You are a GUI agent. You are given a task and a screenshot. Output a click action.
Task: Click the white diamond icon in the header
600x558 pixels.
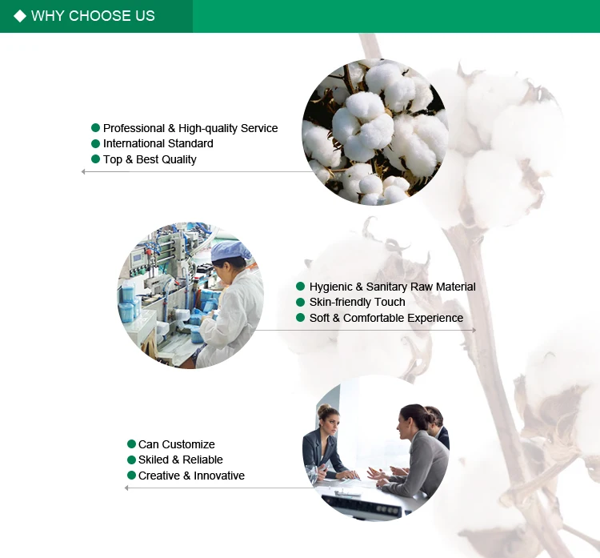(20, 16)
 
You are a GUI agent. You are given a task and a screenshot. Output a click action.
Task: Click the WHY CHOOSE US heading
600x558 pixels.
(93, 16)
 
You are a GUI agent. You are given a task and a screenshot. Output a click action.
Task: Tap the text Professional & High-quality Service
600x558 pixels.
(190, 128)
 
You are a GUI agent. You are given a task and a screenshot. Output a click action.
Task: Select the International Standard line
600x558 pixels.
(158, 143)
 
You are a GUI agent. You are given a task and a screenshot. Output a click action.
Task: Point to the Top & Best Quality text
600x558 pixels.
(150, 159)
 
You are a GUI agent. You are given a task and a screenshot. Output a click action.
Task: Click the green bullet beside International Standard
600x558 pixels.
(96, 143)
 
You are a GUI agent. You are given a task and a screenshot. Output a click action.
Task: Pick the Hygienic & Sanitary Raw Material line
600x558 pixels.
(392, 287)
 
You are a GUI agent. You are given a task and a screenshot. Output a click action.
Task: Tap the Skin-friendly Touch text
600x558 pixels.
(357, 302)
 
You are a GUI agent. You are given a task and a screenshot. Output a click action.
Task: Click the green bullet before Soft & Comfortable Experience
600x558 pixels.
(300, 318)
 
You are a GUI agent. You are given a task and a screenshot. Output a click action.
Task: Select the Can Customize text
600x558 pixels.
(177, 444)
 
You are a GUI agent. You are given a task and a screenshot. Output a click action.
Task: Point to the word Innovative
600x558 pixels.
(219, 476)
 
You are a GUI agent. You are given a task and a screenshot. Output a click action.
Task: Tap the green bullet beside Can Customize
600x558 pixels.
(131, 444)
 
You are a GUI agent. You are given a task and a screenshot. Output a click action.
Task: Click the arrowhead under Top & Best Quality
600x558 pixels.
(83, 171)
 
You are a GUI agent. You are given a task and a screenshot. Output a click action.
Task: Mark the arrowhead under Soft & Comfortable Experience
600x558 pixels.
(474, 330)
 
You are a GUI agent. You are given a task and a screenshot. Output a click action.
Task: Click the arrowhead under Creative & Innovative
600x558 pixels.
(126, 488)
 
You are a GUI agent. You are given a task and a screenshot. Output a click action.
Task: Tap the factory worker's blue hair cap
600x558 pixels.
(230, 251)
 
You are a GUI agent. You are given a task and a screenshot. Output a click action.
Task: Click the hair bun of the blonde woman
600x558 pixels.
(324, 409)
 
